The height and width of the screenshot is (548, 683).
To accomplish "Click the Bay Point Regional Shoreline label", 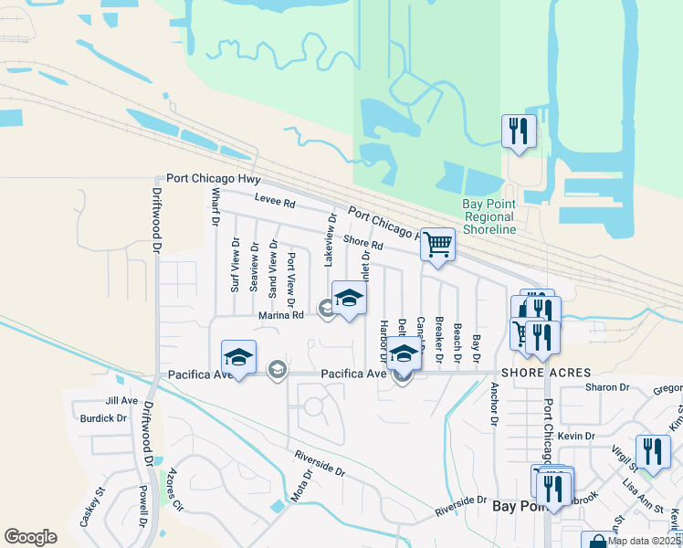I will pyautogui.click(x=490, y=216).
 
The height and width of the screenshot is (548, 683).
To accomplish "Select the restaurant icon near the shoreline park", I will pyautogui.click(x=518, y=132).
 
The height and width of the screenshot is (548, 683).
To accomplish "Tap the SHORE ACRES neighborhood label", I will pyautogui.click(x=546, y=373).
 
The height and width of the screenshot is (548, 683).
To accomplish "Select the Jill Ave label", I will pyautogui.click(x=121, y=400).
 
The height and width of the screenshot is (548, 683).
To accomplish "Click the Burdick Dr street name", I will pyautogui.click(x=103, y=418).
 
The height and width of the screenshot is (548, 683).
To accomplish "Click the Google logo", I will pyautogui.click(x=30, y=536).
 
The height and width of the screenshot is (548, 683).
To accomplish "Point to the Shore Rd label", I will pyautogui.click(x=363, y=242).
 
